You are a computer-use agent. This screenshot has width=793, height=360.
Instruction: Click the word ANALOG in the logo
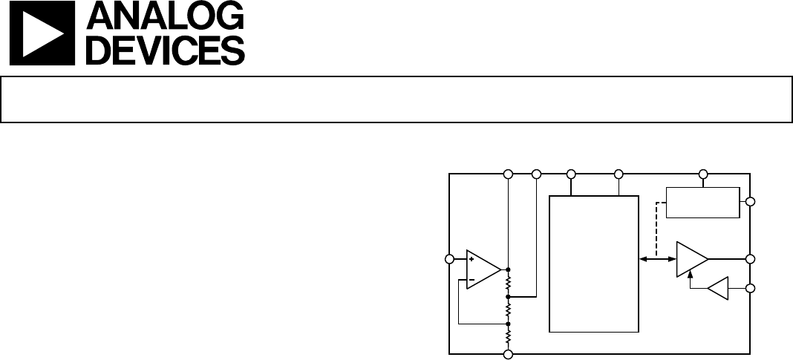click(x=166, y=16)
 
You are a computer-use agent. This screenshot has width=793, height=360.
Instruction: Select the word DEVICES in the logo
click(x=166, y=50)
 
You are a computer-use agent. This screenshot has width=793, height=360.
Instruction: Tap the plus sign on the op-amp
click(x=471, y=259)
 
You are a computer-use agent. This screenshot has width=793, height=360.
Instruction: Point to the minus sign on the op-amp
click(x=471, y=280)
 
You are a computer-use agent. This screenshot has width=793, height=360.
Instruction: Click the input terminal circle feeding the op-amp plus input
click(x=449, y=259)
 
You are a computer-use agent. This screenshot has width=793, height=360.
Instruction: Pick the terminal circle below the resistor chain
click(x=509, y=355)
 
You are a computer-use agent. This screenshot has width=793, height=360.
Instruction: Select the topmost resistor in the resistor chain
click(x=509, y=283)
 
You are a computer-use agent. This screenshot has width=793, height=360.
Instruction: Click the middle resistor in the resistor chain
click(x=509, y=310)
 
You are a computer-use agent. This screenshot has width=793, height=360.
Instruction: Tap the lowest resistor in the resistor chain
click(x=509, y=336)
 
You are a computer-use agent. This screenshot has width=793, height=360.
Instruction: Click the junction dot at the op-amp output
click(x=509, y=270)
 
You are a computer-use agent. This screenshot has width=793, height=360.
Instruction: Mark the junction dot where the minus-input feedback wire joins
click(x=509, y=324)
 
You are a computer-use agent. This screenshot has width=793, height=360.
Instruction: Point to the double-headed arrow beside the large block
click(x=657, y=259)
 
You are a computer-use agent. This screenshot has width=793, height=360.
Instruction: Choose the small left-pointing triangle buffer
click(x=718, y=288)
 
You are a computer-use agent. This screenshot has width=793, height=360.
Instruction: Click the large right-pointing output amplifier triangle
click(x=692, y=259)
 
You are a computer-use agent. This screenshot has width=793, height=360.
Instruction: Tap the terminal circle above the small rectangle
click(x=702, y=174)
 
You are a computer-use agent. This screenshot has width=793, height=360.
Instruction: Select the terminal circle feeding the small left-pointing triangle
click(x=751, y=288)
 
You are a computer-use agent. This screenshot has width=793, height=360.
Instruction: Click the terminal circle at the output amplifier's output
click(x=751, y=259)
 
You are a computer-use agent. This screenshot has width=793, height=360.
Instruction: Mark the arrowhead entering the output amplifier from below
click(x=691, y=272)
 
